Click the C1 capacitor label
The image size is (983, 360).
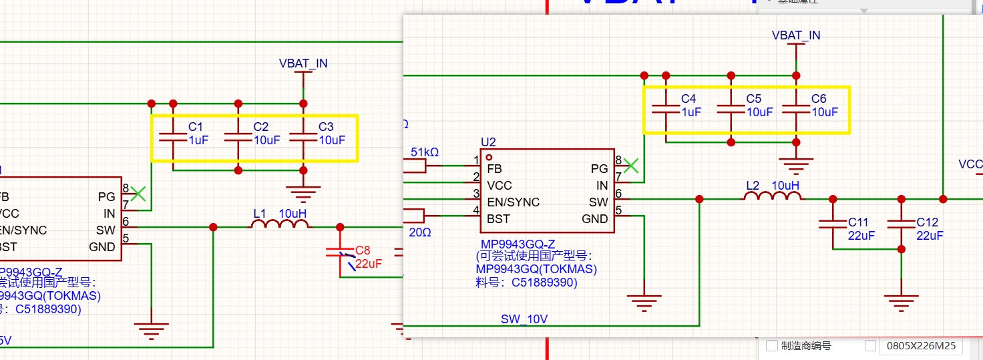pos(196,127)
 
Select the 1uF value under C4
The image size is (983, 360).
pos(691,112)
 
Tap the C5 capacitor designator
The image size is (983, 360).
pos(754,99)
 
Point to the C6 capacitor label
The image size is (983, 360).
pos(819,99)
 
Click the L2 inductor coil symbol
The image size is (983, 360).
pos(773,196)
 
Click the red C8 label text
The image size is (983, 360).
pos(363,250)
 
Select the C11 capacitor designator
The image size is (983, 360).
pos(858,222)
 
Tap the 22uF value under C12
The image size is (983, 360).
pos(930,236)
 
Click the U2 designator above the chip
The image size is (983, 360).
pos(489,142)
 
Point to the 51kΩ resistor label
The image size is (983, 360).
pos(425,152)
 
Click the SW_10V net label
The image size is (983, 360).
pos(524,319)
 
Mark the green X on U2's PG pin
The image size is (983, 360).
pos(631,164)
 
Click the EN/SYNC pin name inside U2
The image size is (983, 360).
pos(513,202)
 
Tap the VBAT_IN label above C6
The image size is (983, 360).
pos(796,35)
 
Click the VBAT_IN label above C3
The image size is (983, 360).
pos(303,63)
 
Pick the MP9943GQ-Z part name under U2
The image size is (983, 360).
pos(518,244)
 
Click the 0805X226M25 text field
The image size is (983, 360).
pos(922,346)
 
